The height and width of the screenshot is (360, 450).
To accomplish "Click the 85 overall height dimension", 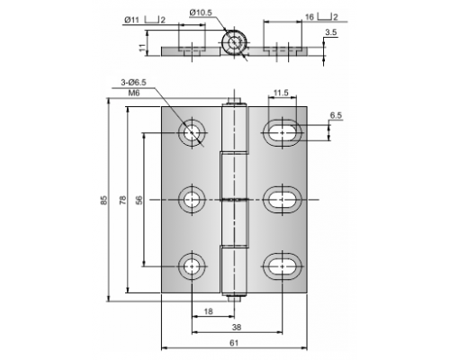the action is click(103, 200).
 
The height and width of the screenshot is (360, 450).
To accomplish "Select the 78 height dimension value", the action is click(123, 200).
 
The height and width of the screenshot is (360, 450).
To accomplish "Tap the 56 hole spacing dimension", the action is click(139, 200).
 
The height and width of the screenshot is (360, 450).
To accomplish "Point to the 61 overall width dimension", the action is click(234, 343).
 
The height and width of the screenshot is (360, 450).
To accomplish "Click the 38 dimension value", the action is click(237, 327).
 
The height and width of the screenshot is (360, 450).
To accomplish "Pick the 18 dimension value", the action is click(208, 311).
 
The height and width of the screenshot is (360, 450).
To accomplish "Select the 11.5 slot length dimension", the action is click(281, 93).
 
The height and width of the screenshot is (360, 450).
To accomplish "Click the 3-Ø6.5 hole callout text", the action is click(133, 83).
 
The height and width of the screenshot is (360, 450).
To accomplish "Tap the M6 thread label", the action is click(134, 93).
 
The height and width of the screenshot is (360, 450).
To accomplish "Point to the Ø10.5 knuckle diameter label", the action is click(201, 13).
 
